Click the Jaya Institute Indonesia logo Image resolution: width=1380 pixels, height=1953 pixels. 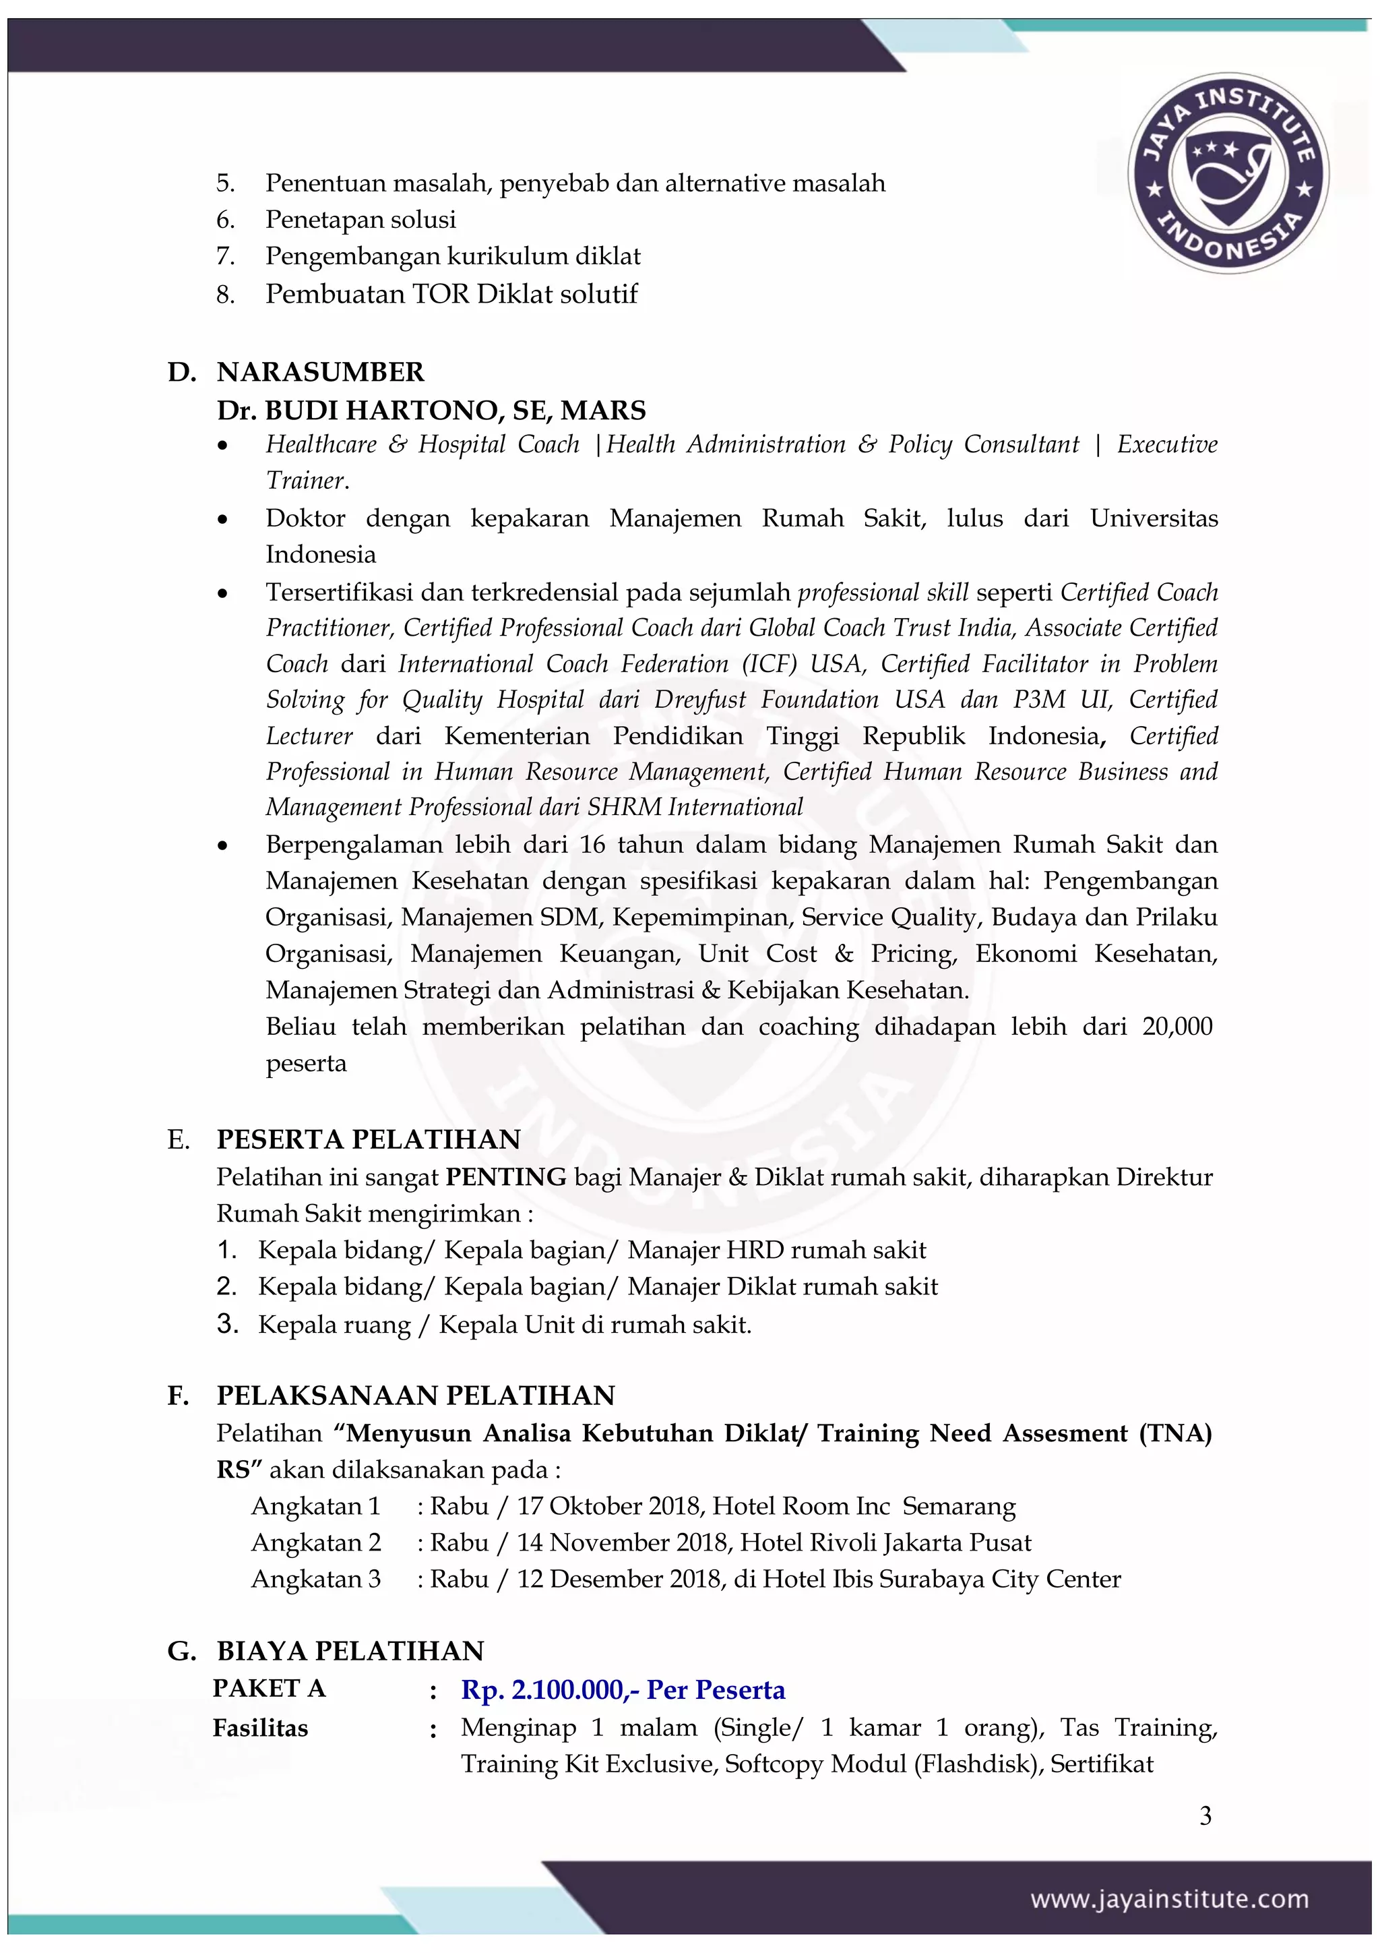[x=1227, y=173]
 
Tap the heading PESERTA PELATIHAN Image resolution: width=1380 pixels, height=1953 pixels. [x=368, y=1139]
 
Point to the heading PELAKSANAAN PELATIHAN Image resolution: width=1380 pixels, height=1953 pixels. [x=416, y=1395]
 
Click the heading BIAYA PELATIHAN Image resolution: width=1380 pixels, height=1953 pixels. [x=350, y=1650]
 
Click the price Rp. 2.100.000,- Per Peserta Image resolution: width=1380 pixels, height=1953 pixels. [x=623, y=1689]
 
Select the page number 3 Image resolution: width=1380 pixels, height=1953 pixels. [x=1205, y=1816]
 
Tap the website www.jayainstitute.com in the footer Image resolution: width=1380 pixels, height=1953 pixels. [x=1169, y=1900]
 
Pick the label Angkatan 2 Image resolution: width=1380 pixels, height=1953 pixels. [x=315, y=1542]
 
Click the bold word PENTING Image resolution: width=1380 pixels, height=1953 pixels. [x=506, y=1176]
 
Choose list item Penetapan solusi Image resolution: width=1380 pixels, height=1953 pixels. [x=360, y=220]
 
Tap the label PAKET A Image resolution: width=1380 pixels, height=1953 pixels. [x=269, y=1689]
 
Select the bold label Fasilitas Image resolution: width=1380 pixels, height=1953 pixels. [x=260, y=1728]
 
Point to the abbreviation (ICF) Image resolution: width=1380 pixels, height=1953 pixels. [x=769, y=663]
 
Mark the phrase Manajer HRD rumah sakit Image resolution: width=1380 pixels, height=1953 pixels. [x=776, y=1250]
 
